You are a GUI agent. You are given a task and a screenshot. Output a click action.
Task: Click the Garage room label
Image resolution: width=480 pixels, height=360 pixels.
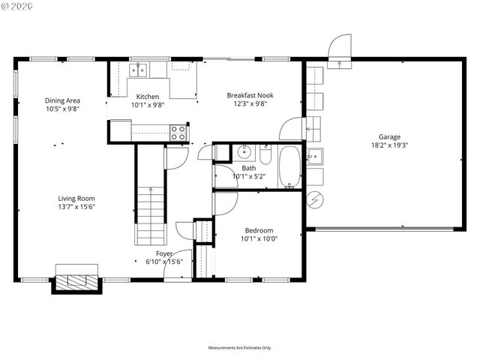coord(388,137)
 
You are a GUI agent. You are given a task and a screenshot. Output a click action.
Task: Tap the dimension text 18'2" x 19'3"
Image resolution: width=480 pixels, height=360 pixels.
coord(388,145)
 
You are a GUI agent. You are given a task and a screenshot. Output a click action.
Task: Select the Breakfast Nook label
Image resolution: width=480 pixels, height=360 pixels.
coord(250,95)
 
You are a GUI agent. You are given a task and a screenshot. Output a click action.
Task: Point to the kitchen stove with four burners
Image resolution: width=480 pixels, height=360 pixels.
coord(178,133)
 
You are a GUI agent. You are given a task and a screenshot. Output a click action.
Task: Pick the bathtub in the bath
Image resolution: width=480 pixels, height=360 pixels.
coord(289,167)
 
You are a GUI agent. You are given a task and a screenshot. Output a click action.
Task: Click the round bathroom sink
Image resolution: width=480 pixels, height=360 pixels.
coord(244,152)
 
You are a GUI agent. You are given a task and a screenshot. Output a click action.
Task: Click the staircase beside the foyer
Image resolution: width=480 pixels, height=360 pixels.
coord(149,214)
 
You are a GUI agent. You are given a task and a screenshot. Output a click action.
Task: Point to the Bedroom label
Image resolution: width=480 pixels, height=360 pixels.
coord(259,230)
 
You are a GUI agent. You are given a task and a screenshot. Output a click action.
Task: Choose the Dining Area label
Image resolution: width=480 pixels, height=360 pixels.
coord(62,100)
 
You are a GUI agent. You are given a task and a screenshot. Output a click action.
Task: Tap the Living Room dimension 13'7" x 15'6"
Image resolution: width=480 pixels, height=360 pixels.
coord(77,207)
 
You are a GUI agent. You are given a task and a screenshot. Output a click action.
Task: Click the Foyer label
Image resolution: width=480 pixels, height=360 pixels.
coord(164,253)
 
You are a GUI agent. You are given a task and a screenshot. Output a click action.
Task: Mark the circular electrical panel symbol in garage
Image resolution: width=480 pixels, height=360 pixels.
coord(315,200)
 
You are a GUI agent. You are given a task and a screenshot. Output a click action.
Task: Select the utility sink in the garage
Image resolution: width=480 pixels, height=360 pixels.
coord(314,157)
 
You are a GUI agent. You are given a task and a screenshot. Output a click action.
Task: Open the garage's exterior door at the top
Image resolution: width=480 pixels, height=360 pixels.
coord(340,46)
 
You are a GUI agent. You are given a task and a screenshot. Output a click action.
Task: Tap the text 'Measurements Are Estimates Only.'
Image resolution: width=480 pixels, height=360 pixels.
coord(239,348)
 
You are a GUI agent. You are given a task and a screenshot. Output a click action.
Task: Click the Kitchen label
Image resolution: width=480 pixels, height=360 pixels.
coord(147,97)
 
